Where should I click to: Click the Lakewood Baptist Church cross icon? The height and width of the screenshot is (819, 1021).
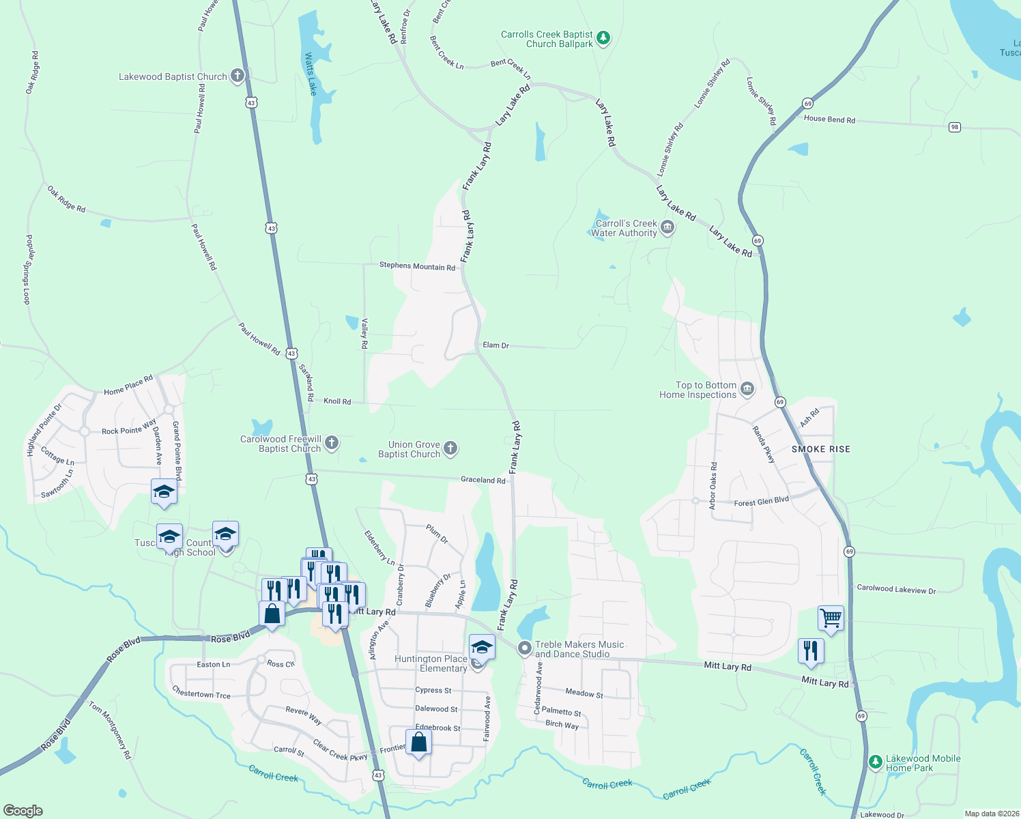(x=237, y=76)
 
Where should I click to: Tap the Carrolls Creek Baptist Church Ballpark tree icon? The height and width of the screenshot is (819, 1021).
(x=603, y=38)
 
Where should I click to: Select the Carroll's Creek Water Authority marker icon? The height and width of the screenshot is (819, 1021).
(x=667, y=227)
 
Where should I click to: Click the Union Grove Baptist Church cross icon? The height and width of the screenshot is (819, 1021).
(x=450, y=448)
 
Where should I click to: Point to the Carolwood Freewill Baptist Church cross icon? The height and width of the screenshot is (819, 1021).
(x=331, y=443)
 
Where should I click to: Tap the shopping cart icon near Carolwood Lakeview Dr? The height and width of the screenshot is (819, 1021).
(x=831, y=618)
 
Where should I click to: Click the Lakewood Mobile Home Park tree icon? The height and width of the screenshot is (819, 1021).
(x=875, y=762)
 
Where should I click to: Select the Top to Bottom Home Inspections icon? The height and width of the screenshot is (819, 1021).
(x=747, y=389)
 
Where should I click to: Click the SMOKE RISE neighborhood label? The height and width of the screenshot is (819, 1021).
(x=820, y=449)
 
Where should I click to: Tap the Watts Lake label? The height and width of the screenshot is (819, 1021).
(x=311, y=74)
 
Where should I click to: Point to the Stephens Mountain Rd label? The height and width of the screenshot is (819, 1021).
(x=417, y=266)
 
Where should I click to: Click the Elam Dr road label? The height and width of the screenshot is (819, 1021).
(x=495, y=345)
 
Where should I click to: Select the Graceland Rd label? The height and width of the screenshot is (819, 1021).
(x=483, y=480)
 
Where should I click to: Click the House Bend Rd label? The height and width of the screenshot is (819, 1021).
(x=829, y=119)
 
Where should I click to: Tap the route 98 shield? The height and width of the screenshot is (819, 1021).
(x=954, y=127)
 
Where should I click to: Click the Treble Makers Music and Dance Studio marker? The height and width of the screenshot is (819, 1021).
(x=524, y=648)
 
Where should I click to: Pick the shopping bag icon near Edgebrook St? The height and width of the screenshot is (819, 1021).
(x=418, y=742)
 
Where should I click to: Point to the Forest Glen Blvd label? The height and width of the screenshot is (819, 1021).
(x=761, y=502)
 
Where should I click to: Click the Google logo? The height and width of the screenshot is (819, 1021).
(x=23, y=811)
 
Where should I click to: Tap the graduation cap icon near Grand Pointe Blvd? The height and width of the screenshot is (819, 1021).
(x=164, y=491)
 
